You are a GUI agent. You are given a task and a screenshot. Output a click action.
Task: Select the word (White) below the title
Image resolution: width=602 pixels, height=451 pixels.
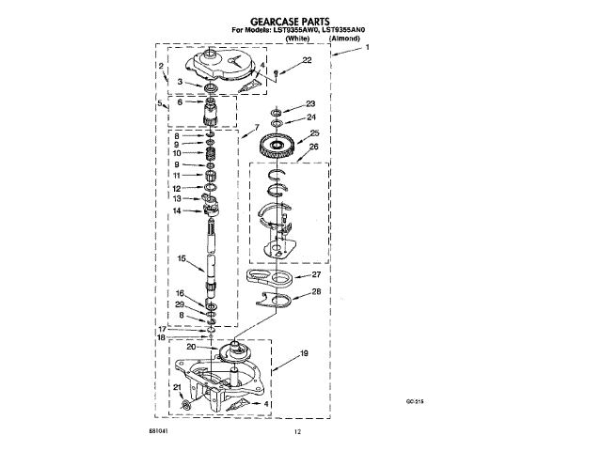pos(297,39)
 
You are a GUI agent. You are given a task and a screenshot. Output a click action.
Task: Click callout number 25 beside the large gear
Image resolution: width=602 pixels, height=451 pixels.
pos(314,133)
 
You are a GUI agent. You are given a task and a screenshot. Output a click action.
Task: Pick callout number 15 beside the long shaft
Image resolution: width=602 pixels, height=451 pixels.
pos(182,258)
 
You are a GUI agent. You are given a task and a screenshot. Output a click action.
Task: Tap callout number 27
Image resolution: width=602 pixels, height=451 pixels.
pos(317,276)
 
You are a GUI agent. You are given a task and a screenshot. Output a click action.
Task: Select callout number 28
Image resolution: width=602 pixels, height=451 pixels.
pos(317,293)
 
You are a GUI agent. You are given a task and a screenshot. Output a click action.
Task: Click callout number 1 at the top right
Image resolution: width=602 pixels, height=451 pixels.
pos(368,47)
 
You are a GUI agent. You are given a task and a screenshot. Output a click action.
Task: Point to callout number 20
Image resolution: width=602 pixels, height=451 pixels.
pos(191,347)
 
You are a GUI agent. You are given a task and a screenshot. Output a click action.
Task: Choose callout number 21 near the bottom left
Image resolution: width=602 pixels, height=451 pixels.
pos(176,388)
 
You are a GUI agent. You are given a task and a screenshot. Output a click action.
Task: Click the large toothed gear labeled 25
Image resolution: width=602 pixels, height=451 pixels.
pos(277,146)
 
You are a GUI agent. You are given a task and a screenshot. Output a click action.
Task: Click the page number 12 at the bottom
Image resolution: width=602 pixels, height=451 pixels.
pos(297,431)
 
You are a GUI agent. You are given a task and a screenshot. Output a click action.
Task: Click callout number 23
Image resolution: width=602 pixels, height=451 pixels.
pos(310,104)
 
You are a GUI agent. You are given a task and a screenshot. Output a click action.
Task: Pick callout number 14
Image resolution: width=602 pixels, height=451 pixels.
pos(176,210)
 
